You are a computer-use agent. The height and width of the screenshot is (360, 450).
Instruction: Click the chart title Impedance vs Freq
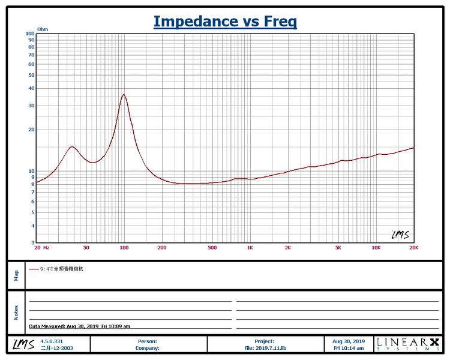click(x=225, y=22)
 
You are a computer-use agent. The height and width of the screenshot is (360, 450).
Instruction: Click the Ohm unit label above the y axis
click(x=43, y=29)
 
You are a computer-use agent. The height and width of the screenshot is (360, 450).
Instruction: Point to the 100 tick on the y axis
click(x=30, y=34)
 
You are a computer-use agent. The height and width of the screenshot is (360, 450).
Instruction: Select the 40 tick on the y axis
click(x=31, y=88)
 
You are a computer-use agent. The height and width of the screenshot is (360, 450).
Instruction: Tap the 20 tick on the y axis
click(x=31, y=130)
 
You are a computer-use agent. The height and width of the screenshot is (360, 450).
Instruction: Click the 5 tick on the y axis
click(x=33, y=212)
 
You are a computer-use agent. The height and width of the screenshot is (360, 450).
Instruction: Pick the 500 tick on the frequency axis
click(x=212, y=248)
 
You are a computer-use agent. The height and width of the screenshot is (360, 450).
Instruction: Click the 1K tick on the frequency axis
click(x=250, y=248)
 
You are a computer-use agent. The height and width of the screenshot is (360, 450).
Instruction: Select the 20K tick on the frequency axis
click(x=413, y=248)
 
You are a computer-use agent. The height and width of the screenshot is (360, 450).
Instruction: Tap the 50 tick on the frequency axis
click(x=86, y=248)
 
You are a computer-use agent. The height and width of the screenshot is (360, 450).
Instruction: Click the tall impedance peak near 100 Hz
click(x=124, y=94)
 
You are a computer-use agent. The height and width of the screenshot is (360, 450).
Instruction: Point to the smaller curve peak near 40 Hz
click(x=72, y=147)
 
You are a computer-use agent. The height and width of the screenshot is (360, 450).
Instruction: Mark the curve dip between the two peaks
click(x=92, y=163)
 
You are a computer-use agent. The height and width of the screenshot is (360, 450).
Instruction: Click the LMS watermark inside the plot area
click(x=400, y=235)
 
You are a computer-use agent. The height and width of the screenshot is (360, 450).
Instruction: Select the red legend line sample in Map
click(x=34, y=269)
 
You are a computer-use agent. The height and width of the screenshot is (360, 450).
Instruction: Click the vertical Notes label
click(x=16, y=313)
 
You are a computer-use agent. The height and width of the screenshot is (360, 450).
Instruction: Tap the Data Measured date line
click(x=79, y=326)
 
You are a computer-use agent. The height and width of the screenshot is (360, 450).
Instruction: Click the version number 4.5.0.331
click(x=52, y=341)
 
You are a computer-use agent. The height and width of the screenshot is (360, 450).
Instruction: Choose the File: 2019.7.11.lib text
click(x=265, y=348)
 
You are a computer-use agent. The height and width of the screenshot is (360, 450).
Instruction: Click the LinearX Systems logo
click(x=408, y=344)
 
